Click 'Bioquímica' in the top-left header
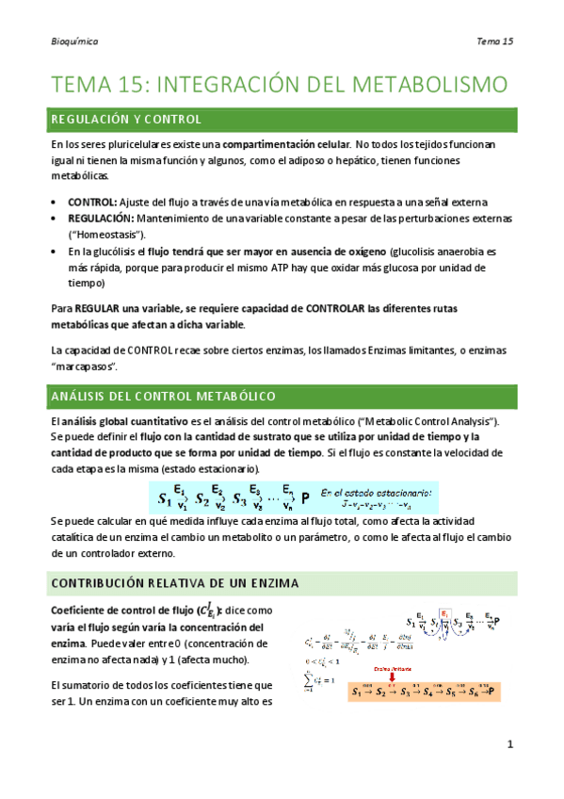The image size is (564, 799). (75, 41)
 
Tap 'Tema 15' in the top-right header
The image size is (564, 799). (494, 41)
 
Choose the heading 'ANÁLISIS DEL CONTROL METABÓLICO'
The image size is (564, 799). (150, 395)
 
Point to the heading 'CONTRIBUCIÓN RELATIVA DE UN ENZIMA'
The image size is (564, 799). (163, 583)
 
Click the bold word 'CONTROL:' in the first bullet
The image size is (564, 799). (92, 202)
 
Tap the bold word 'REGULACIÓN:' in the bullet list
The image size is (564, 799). (101, 218)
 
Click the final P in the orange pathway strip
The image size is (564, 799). (494, 693)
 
